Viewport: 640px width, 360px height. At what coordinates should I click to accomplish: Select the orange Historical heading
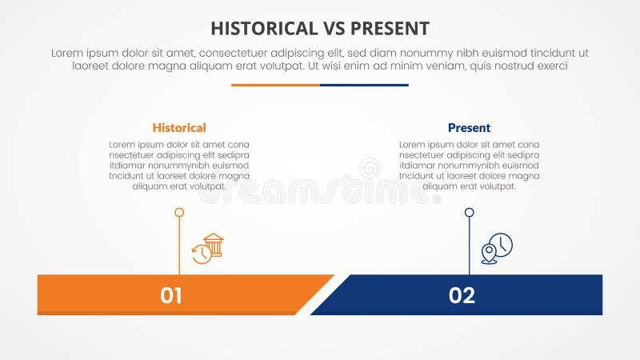[x=179, y=127]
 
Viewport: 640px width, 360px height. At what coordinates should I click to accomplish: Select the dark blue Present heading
[x=469, y=127]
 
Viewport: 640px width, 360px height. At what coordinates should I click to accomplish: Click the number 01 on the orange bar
[x=171, y=295]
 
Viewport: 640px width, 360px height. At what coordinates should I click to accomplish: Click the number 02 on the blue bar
[x=462, y=295]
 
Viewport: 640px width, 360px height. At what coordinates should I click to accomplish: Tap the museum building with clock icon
[x=208, y=249]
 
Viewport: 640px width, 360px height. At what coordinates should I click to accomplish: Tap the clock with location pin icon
[x=497, y=249]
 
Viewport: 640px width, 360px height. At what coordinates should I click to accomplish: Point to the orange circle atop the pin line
[x=179, y=213]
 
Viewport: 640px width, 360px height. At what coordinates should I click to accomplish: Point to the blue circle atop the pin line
[x=470, y=213]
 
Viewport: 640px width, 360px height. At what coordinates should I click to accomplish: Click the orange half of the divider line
[x=275, y=85]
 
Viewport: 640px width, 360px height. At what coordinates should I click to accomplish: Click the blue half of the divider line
[x=364, y=85]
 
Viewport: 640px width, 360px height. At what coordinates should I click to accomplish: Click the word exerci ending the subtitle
[x=550, y=66]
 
